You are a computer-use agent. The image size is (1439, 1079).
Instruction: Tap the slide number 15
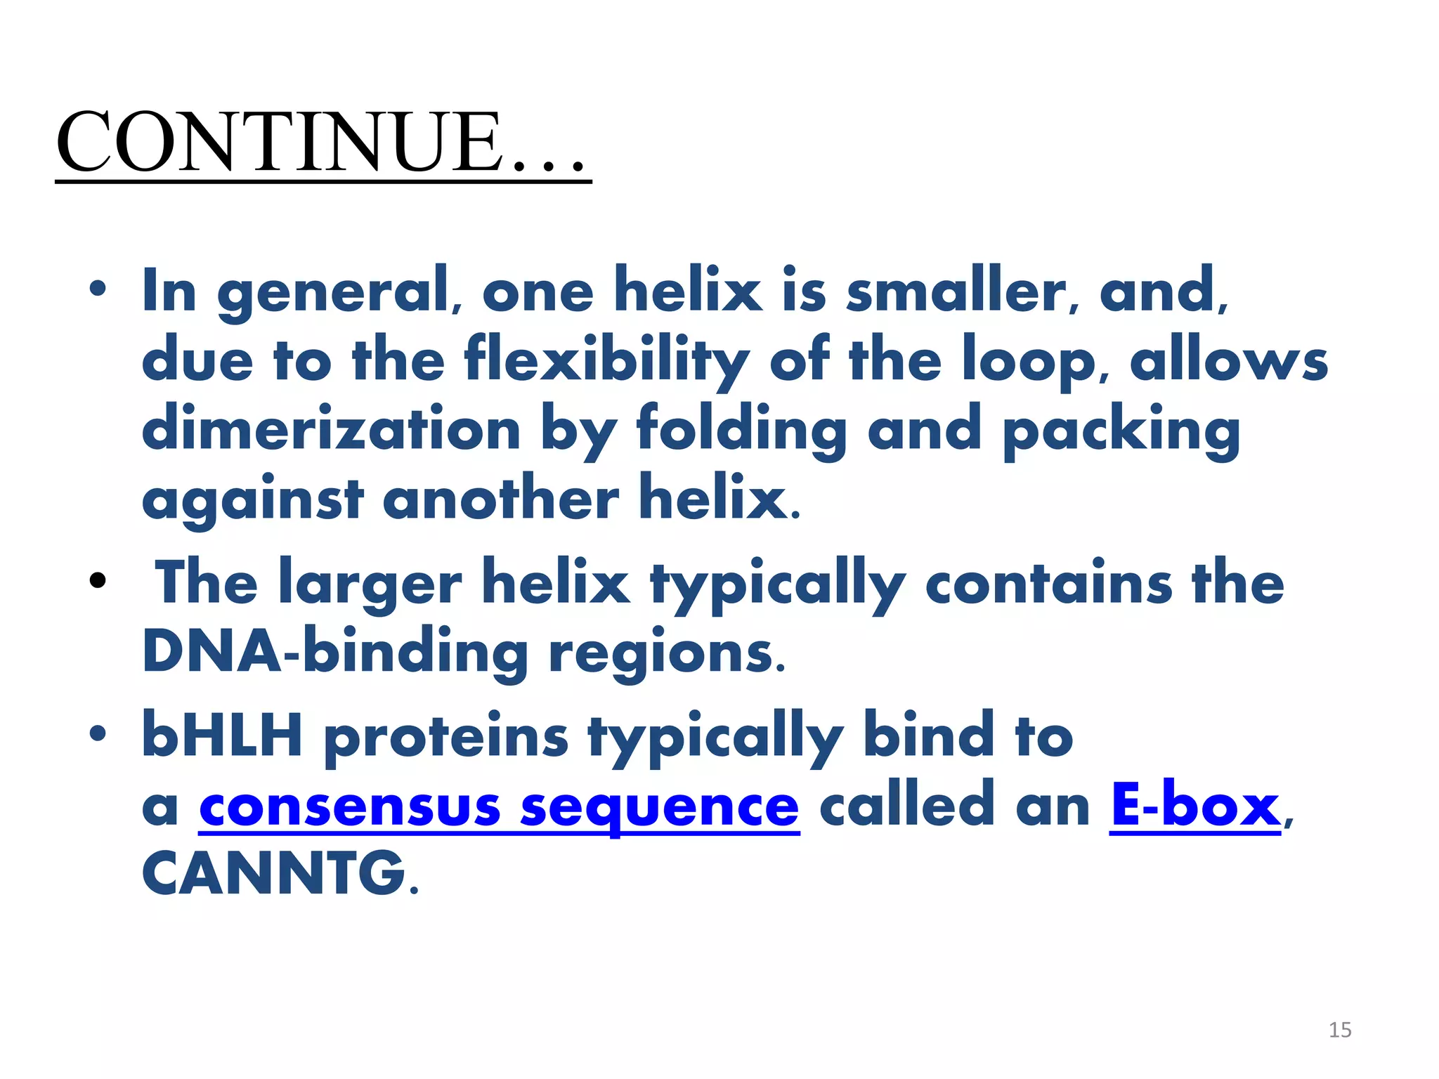(x=1340, y=1030)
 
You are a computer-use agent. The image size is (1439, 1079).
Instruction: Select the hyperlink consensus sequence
(x=499, y=807)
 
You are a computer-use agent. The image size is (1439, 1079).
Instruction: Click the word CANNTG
(x=275, y=874)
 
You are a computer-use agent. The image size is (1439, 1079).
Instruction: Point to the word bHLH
(x=222, y=735)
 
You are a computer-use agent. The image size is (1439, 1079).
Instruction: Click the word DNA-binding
(x=334, y=652)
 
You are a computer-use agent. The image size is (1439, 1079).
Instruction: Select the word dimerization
(x=331, y=429)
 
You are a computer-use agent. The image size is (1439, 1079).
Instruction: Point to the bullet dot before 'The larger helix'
(x=98, y=581)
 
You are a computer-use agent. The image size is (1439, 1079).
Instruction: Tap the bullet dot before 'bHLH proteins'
(x=98, y=733)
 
